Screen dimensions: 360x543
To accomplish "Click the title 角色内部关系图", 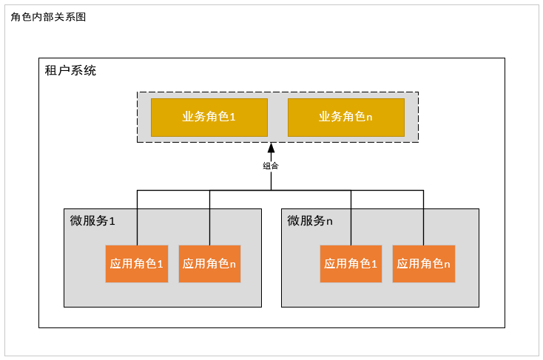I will [48, 17].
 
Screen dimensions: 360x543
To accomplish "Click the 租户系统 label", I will [70, 71].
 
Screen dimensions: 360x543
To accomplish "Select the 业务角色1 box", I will [209, 117].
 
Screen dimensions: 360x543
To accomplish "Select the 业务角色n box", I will [345, 117].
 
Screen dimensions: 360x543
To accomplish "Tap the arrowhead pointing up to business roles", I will [271, 148].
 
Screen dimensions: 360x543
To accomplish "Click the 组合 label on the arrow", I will [271, 166].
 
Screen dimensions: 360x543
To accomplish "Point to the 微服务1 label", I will [92, 220].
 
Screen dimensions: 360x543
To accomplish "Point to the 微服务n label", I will [310, 220].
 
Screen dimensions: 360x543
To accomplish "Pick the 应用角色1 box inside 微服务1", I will [137, 263].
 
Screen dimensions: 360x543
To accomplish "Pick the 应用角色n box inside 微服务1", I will [209, 263].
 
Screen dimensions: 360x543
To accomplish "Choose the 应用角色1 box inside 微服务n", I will [351, 263].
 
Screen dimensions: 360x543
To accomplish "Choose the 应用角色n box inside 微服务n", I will [423, 263].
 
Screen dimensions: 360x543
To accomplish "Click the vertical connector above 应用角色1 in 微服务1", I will [137, 217].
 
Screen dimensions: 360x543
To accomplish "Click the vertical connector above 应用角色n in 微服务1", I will [210, 217].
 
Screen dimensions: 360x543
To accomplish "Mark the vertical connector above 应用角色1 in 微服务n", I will [351, 217].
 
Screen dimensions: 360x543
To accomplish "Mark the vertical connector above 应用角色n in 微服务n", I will [424, 217].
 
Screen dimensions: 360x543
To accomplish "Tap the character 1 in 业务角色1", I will [232, 117].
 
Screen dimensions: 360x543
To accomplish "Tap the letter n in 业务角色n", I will [369, 118].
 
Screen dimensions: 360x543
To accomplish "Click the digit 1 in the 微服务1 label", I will [112, 221].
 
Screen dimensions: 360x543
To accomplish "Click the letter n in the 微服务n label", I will [330, 221].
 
